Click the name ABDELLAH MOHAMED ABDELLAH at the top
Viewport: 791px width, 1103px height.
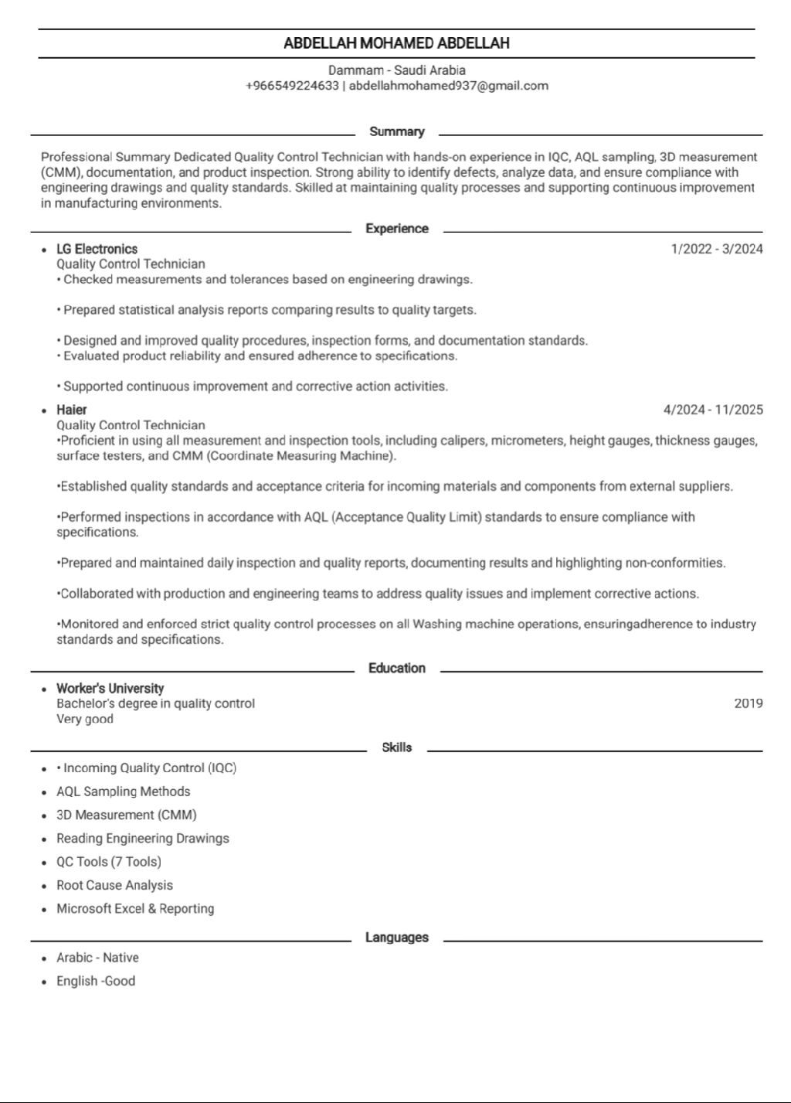[396, 43]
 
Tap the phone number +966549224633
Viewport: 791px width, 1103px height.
[292, 86]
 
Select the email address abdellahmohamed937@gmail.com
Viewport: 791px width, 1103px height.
[448, 86]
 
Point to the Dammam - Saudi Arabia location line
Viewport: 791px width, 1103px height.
[396, 70]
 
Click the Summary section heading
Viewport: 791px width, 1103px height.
[396, 131]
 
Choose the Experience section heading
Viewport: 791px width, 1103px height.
[396, 229]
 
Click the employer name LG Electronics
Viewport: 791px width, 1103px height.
[97, 249]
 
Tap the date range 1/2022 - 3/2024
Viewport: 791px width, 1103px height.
[717, 249]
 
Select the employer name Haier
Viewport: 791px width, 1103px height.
[71, 410]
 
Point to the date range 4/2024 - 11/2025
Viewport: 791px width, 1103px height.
[712, 410]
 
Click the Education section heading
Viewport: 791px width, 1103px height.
[396, 669]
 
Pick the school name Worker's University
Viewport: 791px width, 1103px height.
[110, 689]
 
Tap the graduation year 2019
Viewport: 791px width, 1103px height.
[748, 703]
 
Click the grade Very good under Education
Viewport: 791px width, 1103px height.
[85, 719]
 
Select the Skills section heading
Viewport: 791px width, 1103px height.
[396, 747]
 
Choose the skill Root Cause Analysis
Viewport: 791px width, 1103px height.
[114, 886]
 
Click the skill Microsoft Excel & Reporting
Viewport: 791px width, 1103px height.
[135, 909]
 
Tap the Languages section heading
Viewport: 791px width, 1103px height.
[396, 938]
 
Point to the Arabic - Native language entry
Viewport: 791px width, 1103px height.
[97, 958]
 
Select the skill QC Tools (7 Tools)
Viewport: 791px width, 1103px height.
[109, 862]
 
